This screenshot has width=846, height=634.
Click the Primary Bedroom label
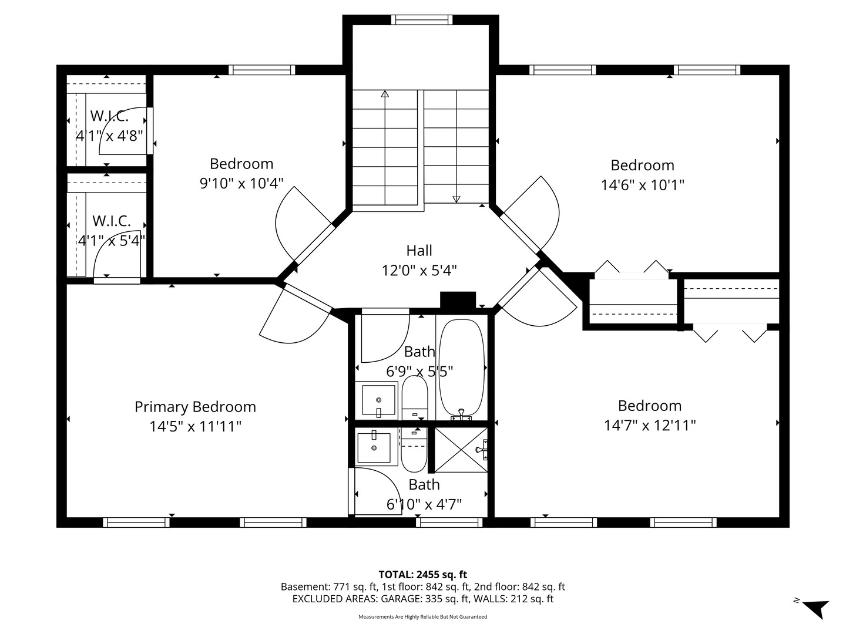[x=195, y=407]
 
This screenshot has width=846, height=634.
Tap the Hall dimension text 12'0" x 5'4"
[x=419, y=271]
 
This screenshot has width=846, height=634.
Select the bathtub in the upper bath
[x=461, y=369]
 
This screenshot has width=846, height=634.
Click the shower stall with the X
[x=461, y=450]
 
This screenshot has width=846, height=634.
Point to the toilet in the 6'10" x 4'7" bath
[x=414, y=450]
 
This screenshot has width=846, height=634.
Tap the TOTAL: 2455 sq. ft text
[x=423, y=575]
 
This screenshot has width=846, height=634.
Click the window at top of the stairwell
[x=422, y=19]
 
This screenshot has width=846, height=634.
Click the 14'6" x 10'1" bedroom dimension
[x=643, y=185]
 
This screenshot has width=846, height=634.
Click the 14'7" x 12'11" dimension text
[x=649, y=426]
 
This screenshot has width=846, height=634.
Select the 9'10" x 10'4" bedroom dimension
[x=241, y=183]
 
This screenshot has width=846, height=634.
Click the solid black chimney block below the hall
[x=458, y=300]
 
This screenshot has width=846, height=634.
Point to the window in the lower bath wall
[x=449, y=522]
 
